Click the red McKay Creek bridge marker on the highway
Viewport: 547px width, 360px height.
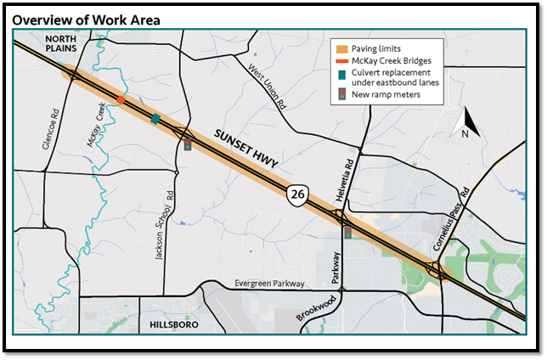121,100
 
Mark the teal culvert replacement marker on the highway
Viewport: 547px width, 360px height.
155,119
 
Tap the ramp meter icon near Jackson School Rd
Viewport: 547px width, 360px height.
187,145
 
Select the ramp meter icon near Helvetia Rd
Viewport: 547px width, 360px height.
347,232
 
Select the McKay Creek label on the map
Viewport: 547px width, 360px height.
95,127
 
